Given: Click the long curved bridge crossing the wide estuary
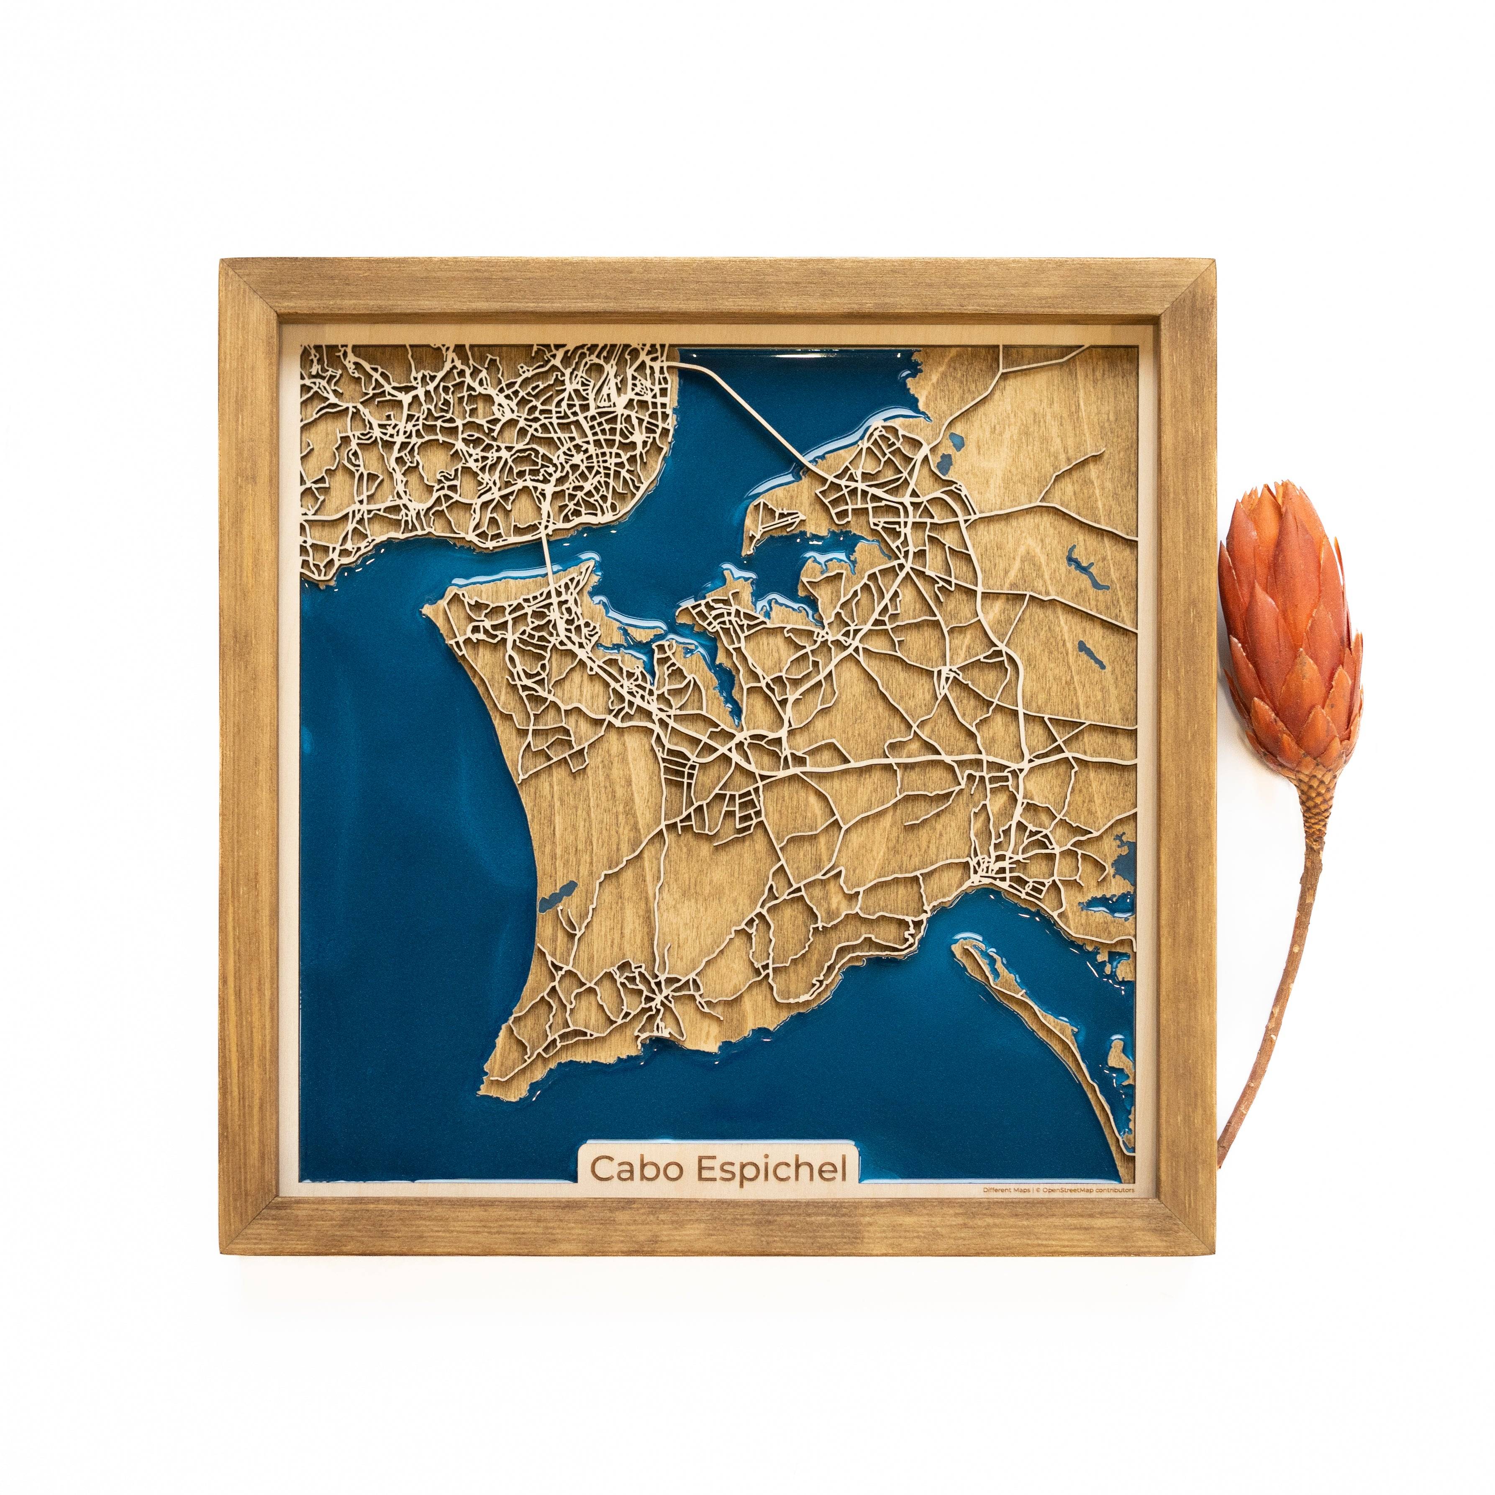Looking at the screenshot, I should coord(743,410).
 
